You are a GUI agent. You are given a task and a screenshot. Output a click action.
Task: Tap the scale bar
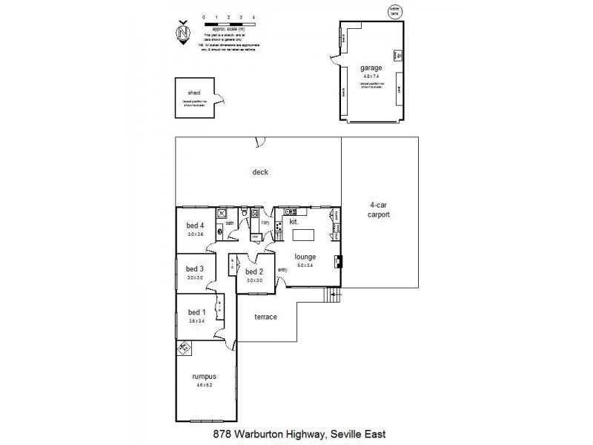pyautogui.click(x=228, y=25)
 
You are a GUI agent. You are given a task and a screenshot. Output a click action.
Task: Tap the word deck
pyautogui.click(x=259, y=172)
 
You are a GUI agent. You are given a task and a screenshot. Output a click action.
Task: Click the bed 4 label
pyautogui.click(x=195, y=225)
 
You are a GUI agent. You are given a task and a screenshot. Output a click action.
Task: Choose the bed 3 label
pyautogui.click(x=195, y=268)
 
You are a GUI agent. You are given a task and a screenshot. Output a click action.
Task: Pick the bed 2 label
pyautogui.click(x=254, y=272)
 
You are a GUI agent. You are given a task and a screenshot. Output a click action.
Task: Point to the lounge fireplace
pyautogui.click(x=338, y=261)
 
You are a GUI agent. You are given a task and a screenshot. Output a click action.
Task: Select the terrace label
pyautogui.click(x=265, y=317)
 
